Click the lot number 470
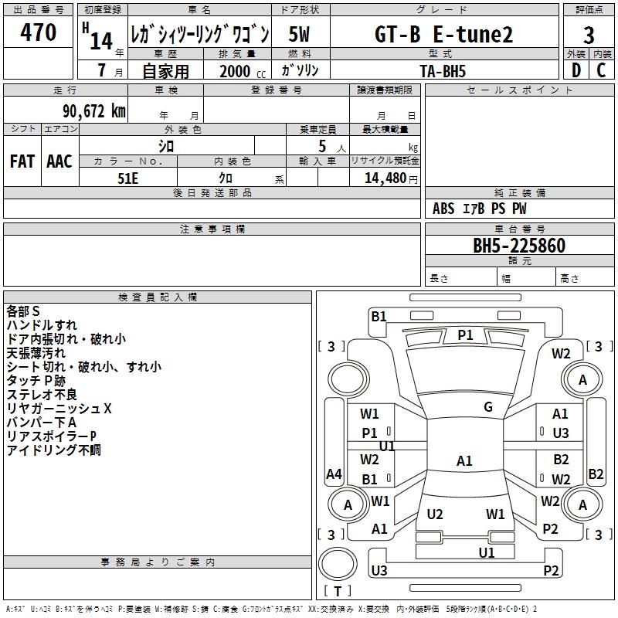(x=39, y=33)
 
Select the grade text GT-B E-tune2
(x=443, y=35)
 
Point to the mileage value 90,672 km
(x=88, y=111)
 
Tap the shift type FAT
(x=22, y=161)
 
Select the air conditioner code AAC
(x=59, y=161)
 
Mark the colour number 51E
(x=127, y=178)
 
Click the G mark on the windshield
(x=488, y=407)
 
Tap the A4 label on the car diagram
(x=334, y=474)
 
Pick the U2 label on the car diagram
(x=435, y=514)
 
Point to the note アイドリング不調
(x=54, y=450)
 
